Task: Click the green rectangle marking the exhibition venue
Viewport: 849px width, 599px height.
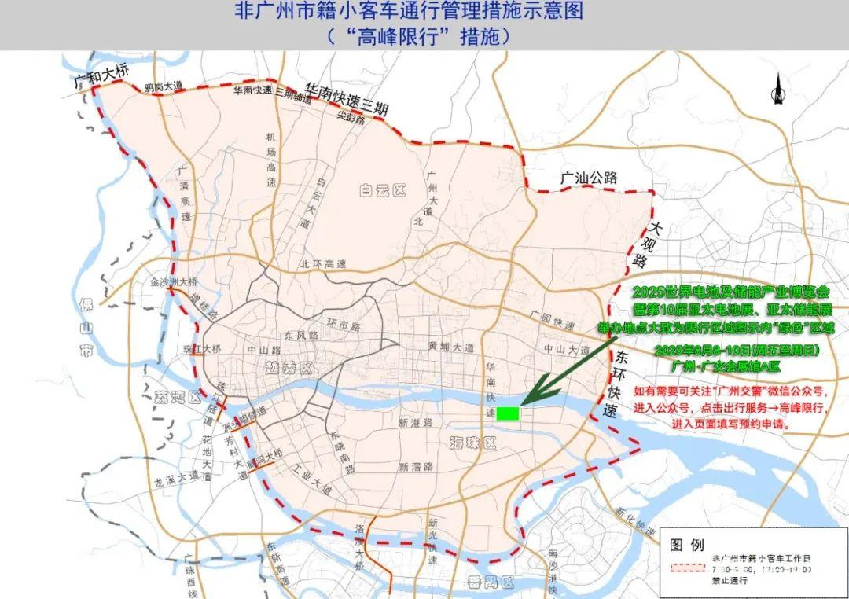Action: pos(509,413)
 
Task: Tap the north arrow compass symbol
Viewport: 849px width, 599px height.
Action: pos(776,88)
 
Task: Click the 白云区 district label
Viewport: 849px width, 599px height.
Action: pos(380,189)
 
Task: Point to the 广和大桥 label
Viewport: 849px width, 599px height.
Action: pos(100,75)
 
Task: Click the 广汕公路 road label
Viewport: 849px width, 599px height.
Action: pos(589,178)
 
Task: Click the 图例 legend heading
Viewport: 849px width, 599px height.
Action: pos(686,545)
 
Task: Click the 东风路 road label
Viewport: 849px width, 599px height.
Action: pos(301,335)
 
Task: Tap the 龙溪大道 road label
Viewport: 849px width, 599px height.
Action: pos(177,479)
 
